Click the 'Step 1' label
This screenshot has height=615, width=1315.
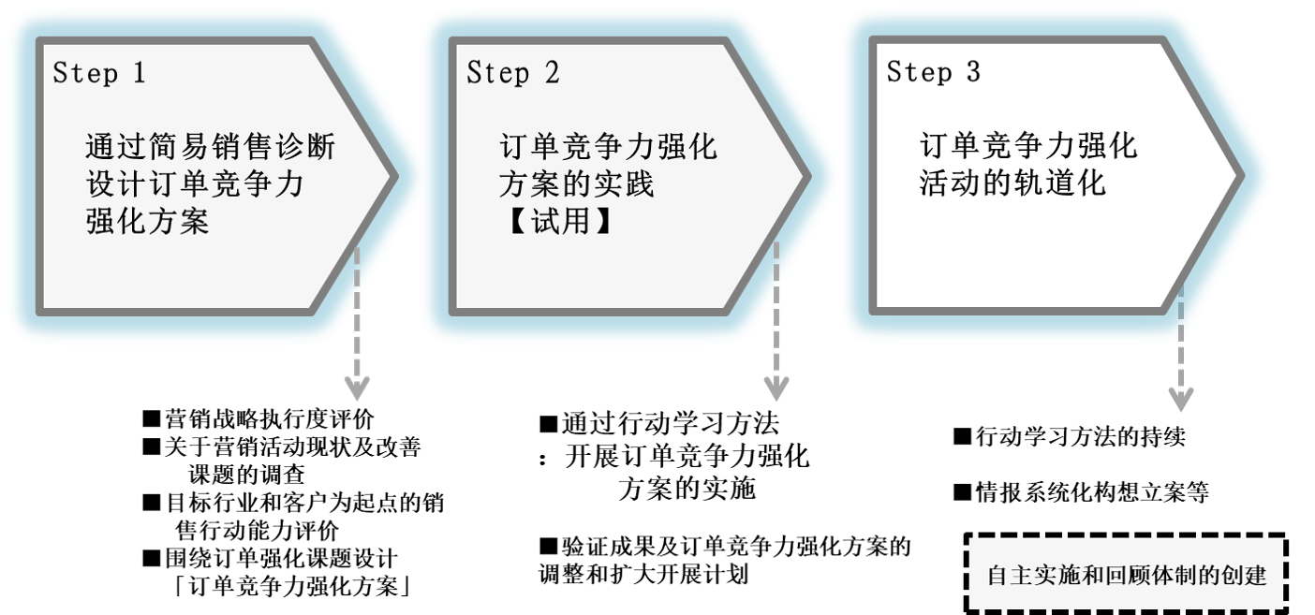point(98,73)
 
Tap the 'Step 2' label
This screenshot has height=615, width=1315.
point(512,73)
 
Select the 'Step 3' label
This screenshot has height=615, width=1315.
point(933,73)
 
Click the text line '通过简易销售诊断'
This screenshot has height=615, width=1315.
point(210,148)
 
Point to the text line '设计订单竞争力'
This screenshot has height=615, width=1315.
point(194,184)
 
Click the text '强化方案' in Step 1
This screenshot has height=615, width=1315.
point(147,222)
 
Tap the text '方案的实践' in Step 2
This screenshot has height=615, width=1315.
point(576,184)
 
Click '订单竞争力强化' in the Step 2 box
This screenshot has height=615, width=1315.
point(608,148)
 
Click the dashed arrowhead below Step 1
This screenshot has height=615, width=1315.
point(357,388)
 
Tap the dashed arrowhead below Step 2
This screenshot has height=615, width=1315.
point(776,388)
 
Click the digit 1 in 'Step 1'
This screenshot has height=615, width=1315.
point(139,73)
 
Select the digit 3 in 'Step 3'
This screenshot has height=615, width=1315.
point(973,73)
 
